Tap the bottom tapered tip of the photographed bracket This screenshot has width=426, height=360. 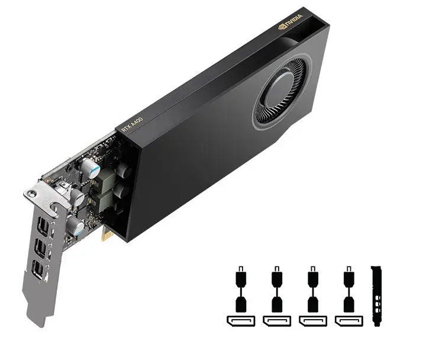point(39,322)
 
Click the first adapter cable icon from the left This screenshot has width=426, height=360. point(240,292)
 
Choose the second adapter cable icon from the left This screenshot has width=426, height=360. point(276,292)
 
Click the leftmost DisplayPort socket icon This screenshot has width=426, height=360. point(240,322)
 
